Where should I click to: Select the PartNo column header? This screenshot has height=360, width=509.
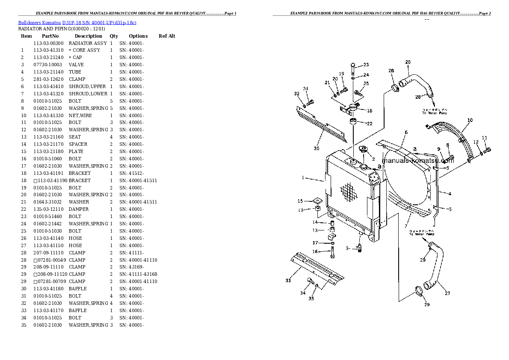click(50, 36)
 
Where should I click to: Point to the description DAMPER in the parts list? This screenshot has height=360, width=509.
click(79, 209)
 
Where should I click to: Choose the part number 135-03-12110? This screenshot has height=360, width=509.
click(48, 209)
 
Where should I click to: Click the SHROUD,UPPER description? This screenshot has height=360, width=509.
click(87, 86)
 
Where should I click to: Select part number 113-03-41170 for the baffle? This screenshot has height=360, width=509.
click(48, 310)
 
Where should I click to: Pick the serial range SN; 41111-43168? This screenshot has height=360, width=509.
click(138, 274)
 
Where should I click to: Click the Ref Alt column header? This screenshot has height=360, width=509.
click(167, 36)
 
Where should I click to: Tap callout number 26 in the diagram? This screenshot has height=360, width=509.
click(408, 62)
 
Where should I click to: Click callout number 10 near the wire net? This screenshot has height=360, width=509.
click(470, 120)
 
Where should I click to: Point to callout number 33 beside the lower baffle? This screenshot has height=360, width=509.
click(288, 280)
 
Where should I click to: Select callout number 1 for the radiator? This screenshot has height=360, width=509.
click(302, 178)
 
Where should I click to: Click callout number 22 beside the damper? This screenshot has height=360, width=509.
click(370, 124)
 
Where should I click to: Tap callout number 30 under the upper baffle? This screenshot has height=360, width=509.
click(316, 148)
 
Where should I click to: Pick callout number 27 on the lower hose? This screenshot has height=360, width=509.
click(447, 293)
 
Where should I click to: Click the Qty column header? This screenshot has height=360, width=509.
click(114, 36)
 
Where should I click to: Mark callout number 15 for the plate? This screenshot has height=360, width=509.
click(300, 201)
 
